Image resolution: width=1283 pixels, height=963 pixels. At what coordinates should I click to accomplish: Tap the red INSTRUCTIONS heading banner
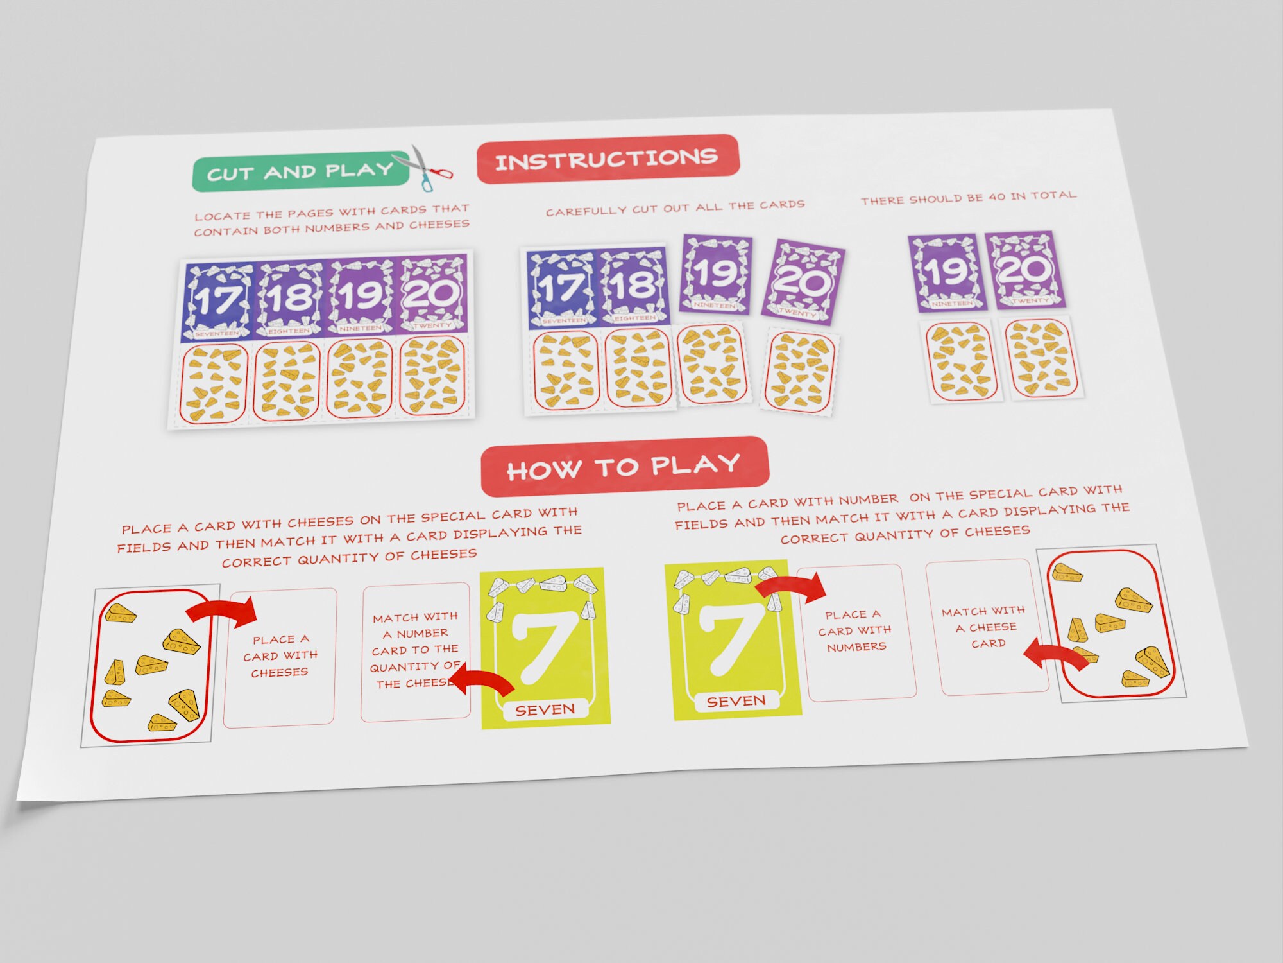[607, 159]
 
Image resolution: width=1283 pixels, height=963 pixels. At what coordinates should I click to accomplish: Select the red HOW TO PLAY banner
[624, 466]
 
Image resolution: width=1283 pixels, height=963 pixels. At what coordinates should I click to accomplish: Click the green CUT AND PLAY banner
[300, 173]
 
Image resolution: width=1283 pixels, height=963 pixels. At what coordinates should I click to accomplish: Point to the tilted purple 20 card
[803, 281]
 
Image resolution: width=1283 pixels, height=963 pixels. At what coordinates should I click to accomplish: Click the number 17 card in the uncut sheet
[218, 300]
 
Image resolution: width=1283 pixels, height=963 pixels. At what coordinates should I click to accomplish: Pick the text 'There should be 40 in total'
[968, 197]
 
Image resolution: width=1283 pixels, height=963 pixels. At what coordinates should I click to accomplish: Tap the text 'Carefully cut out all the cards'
[675, 207]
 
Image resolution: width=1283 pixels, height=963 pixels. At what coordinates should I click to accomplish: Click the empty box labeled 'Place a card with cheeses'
[280, 657]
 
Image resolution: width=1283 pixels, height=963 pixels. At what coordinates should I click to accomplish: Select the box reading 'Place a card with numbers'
[856, 632]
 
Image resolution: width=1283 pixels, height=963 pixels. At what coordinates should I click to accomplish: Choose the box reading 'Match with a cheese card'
[985, 627]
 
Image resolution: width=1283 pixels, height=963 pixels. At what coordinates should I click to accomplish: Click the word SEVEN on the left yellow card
[545, 710]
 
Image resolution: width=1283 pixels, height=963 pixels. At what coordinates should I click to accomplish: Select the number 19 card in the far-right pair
[946, 272]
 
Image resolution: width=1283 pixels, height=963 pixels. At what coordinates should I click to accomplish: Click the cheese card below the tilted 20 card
[800, 372]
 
